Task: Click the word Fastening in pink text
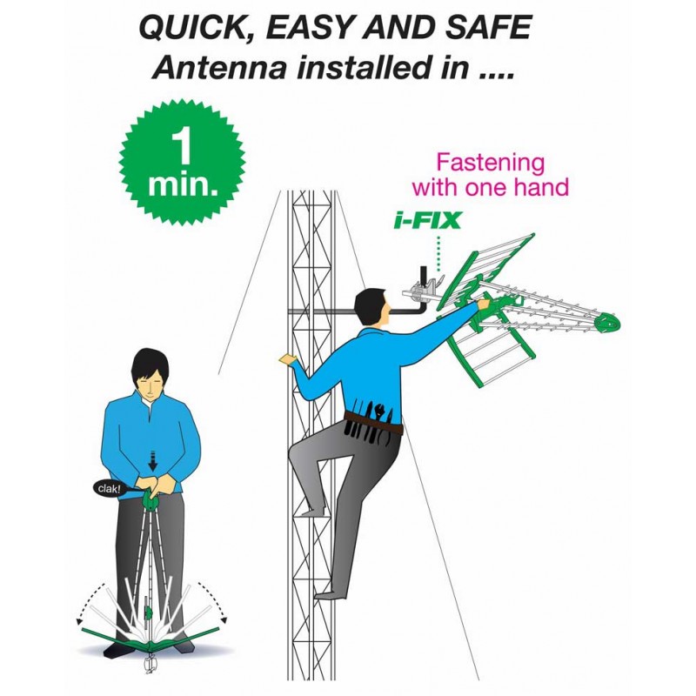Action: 491,163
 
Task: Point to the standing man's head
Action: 150,372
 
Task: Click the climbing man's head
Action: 374,307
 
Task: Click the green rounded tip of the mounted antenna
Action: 606,323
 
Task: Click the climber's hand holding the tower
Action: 288,358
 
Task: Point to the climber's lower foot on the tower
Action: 330,594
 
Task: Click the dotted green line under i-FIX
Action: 439,253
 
